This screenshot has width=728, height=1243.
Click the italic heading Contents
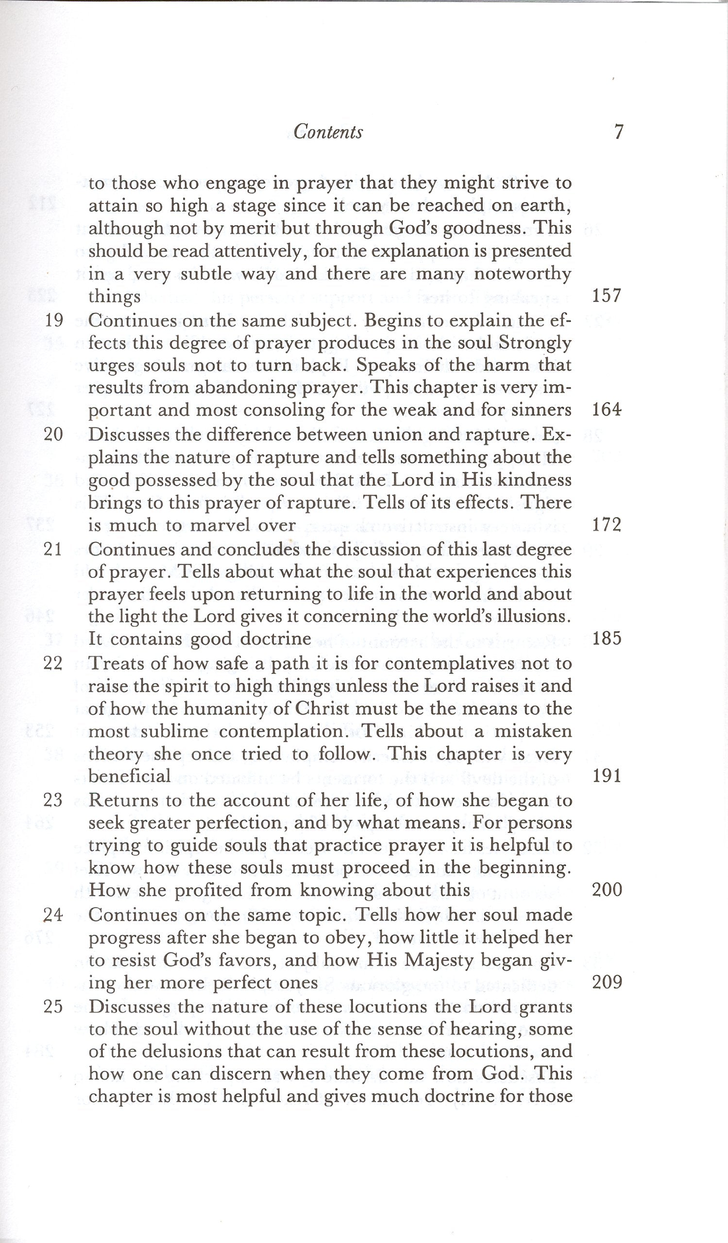[x=328, y=132]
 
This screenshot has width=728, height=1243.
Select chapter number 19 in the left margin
[x=54, y=320]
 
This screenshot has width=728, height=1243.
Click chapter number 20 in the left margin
[x=54, y=435]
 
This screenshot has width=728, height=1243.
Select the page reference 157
[x=606, y=296]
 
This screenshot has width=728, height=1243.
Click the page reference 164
[x=606, y=410]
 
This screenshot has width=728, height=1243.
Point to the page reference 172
[x=606, y=525]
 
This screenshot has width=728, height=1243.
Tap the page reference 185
[x=606, y=639]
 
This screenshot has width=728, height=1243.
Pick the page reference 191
[x=606, y=776]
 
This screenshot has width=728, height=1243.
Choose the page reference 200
[x=606, y=890]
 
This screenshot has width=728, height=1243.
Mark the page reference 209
[x=606, y=983]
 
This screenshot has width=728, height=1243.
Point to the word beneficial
[x=129, y=776]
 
